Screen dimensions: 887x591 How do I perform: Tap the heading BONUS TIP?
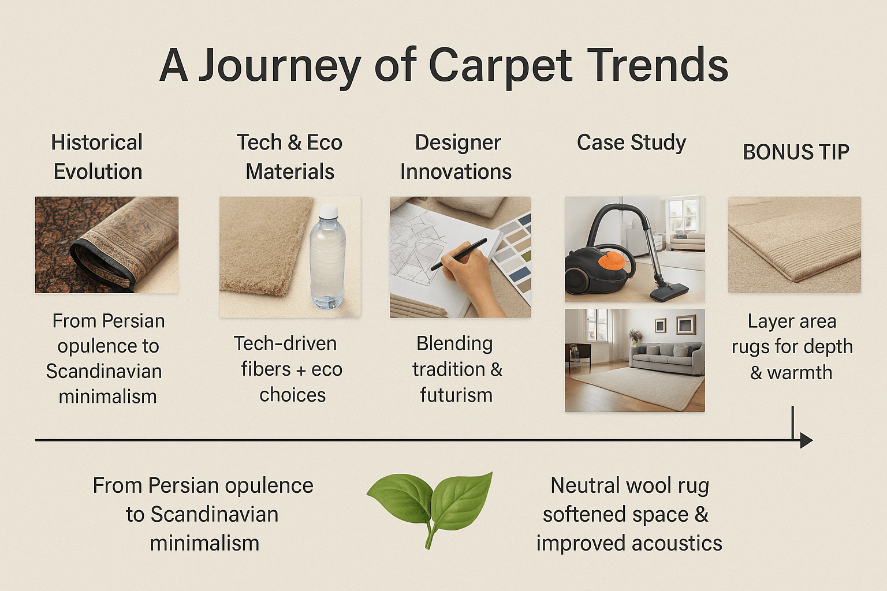(796, 152)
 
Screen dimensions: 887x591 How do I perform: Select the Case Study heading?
(631, 143)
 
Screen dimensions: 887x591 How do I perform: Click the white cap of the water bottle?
(327, 211)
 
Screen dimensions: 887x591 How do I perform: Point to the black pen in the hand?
(459, 254)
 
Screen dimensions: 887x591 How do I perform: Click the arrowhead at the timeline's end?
(806, 440)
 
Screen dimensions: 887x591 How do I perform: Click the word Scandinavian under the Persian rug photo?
(104, 371)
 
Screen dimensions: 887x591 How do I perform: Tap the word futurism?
(456, 395)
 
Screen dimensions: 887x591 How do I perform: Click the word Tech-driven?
(285, 343)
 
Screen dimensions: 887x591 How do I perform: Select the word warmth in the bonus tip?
(799, 373)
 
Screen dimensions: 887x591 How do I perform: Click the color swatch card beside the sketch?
(513, 253)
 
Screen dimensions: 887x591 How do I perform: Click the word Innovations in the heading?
(456, 172)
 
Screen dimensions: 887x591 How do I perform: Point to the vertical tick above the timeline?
(793, 422)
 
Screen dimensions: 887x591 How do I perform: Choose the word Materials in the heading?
(290, 172)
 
